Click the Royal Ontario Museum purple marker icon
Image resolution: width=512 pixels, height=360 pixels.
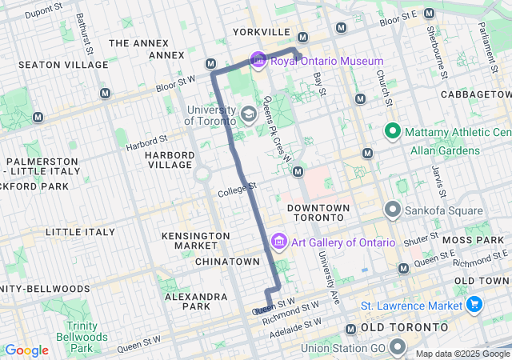click(258, 60)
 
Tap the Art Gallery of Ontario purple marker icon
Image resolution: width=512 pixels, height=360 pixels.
click(279, 241)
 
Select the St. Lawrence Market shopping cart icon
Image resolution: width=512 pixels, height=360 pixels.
click(474, 305)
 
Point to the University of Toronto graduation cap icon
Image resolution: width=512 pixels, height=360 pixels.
click(249, 114)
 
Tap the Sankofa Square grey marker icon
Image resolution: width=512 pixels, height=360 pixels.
click(393, 210)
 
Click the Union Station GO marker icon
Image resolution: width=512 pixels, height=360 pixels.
click(398, 347)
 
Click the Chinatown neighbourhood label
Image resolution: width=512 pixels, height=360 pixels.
click(228, 262)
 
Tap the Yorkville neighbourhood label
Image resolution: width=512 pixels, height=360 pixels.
click(262, 32)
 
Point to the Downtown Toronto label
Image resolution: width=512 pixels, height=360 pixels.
click(318, 214)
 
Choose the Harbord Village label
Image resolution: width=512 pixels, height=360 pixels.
click(170, 159)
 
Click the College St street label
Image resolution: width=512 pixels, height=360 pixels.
click(237, 190)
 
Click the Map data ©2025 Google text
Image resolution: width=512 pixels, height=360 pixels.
click(462, 354)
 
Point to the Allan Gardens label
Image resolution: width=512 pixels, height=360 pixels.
click(445, 150)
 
